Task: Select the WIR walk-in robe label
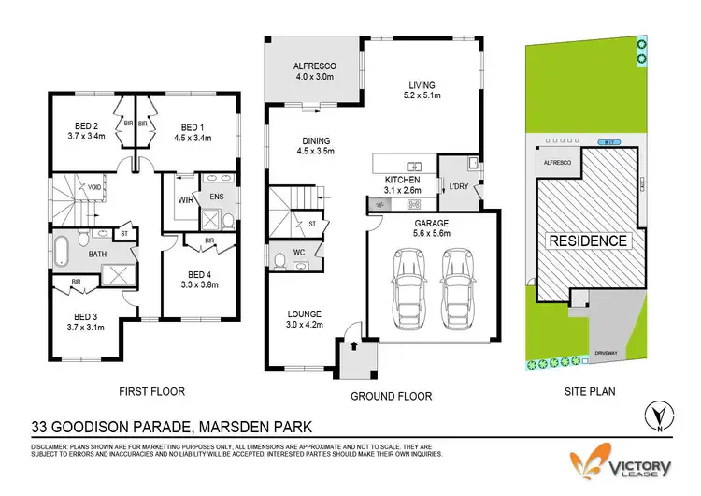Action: coord(185,199)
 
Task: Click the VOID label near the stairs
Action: coord(93,187)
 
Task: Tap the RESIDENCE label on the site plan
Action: coord(587,241)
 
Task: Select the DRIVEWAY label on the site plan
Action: coord(607,353)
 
